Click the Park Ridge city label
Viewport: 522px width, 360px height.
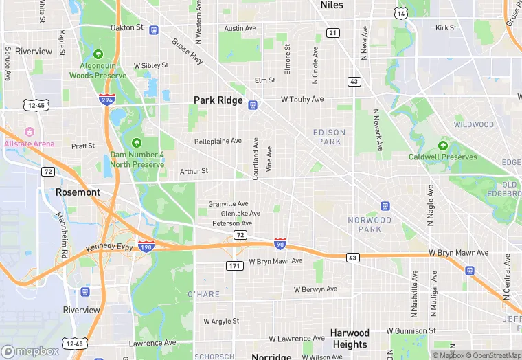click(218, 100)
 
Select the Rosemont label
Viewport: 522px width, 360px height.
click(78, 192)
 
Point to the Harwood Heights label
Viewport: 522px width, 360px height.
click(350, 339)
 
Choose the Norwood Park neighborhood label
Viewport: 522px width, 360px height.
click(370, 225)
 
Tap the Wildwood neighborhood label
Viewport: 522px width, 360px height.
click(473, 125)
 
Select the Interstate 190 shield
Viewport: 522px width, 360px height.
click(146, 245)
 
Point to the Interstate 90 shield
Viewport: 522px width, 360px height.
click(280, 243)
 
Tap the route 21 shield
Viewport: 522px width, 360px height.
click(333, 33)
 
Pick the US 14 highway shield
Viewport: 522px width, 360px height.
click(400, 13)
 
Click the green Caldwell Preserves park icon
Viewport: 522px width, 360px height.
click(443, 146)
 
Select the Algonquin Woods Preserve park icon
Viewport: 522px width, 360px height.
click(98, 54)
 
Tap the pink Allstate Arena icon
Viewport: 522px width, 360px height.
click(29, 132)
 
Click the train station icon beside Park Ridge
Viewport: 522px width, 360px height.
click(253, 104)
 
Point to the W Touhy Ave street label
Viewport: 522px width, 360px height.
click(302, 100)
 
